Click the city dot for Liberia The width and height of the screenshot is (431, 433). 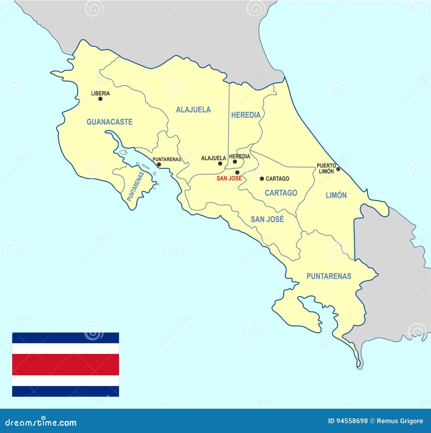[100, 99]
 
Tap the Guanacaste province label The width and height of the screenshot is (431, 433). [109, 122]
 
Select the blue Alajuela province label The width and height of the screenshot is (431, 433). [193, 110]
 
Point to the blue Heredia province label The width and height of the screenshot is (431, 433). [246, 115]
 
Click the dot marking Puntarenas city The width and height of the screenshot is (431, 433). [159, 164]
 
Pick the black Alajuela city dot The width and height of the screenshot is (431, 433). [220, 163]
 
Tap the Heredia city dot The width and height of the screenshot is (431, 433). [235, 162]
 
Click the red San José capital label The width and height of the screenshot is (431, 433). [229, 178]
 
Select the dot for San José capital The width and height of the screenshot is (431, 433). [237, 172]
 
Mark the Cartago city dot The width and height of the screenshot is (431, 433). [262, 178]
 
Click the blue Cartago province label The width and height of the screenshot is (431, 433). [281, 193]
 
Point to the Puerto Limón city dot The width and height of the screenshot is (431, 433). [338, 169]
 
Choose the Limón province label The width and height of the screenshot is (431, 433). [336, 195]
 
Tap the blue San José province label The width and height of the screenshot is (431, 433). [267, 219]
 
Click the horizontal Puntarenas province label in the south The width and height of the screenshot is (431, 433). [329, 276]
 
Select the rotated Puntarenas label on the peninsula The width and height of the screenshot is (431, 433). [135, 186]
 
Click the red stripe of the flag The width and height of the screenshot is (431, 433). [65, 365]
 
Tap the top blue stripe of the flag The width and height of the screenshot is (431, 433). [65, 338]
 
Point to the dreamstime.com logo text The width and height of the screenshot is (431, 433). [41, 422]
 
